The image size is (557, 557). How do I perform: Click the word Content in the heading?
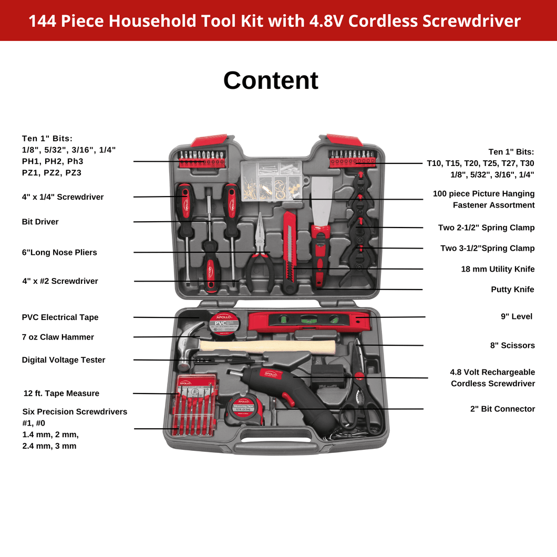coord(271,80)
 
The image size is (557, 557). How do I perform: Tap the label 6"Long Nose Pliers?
coord(59,252)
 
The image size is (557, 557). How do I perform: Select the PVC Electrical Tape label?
coord(60,317)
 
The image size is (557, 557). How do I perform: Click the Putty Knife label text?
coord(512,290)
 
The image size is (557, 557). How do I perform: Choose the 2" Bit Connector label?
coord(502,409)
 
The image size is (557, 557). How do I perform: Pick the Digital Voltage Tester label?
coord(64,360)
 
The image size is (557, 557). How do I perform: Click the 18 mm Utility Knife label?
coord(498,269)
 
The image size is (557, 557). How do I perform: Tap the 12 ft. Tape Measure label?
coord(61,393)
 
